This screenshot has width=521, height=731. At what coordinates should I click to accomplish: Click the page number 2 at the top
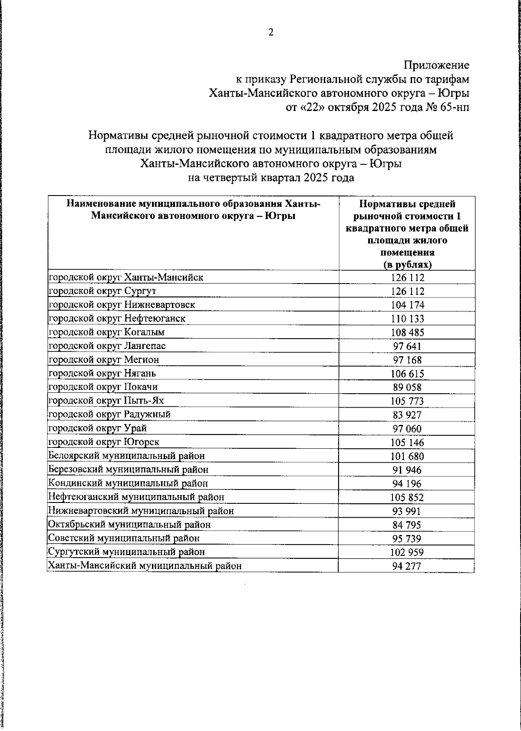click(270, 33)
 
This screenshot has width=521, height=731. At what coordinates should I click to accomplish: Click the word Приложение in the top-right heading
click(436, 65)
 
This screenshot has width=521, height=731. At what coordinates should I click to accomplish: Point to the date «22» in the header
click(310, 108)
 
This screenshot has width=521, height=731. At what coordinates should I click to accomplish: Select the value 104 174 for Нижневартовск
click(407, 305)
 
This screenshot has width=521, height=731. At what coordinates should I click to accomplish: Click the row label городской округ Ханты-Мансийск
click(126, 277)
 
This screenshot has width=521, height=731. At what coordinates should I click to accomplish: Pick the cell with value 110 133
click(407, 319)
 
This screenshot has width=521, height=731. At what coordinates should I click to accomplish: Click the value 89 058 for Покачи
click(407, 387)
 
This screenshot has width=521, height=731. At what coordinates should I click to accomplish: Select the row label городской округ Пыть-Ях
click(106, 401)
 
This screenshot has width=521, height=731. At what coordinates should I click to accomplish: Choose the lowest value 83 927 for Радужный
click(407, 415)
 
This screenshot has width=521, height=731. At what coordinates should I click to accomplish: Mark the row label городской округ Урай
click(98, 428)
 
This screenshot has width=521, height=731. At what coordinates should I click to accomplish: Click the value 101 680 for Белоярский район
click(407, 456)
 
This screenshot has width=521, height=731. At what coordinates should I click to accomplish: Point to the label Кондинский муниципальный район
click(128, 483)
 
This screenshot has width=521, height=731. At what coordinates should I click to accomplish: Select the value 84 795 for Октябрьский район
click(407, 525)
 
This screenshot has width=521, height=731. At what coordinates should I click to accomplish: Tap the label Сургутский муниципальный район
click(126, 552)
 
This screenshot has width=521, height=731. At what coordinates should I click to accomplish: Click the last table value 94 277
click(407, 566)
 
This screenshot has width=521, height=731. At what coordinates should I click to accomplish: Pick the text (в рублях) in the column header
click(407, 264)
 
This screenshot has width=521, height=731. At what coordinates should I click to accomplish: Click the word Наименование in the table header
click(101, 204)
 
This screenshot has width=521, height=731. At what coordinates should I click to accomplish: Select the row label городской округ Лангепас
click(107, 346)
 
